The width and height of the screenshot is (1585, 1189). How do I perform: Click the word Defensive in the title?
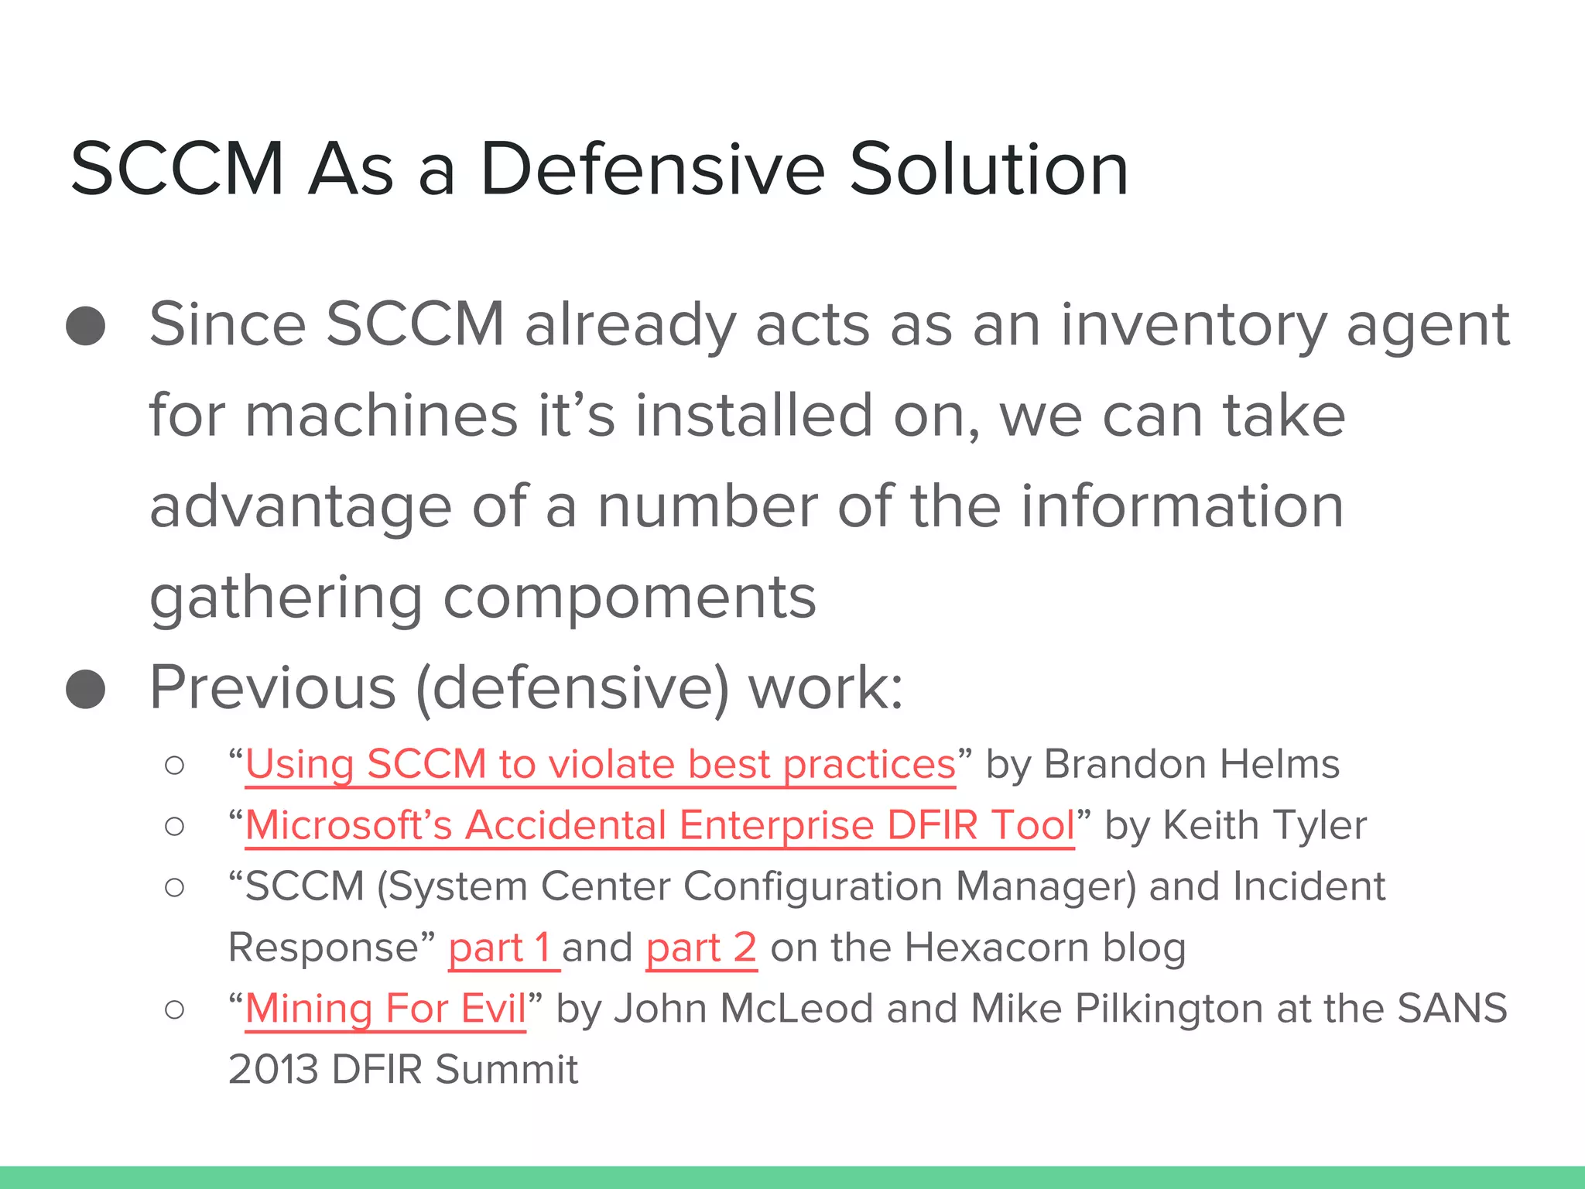point(652,170)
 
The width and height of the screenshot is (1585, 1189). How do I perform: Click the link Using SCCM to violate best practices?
point(600,765)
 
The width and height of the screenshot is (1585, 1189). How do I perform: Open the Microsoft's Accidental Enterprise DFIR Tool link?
point(659,825)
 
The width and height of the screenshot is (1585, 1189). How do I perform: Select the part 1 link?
point(502,947)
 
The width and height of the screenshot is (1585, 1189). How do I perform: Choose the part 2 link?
point(701,947)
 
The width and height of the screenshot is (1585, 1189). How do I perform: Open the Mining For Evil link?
point(385,1009)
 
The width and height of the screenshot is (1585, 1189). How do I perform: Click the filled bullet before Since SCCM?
point(86,326)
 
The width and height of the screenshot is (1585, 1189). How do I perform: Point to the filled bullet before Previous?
point(86,689)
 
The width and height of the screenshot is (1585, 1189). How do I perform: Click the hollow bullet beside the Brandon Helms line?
point(175,766)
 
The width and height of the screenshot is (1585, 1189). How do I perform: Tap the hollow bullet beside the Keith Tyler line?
point(175,827)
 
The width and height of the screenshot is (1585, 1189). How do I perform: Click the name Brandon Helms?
point(1192,765)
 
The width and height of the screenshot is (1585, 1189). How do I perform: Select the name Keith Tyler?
point(1265,825)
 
